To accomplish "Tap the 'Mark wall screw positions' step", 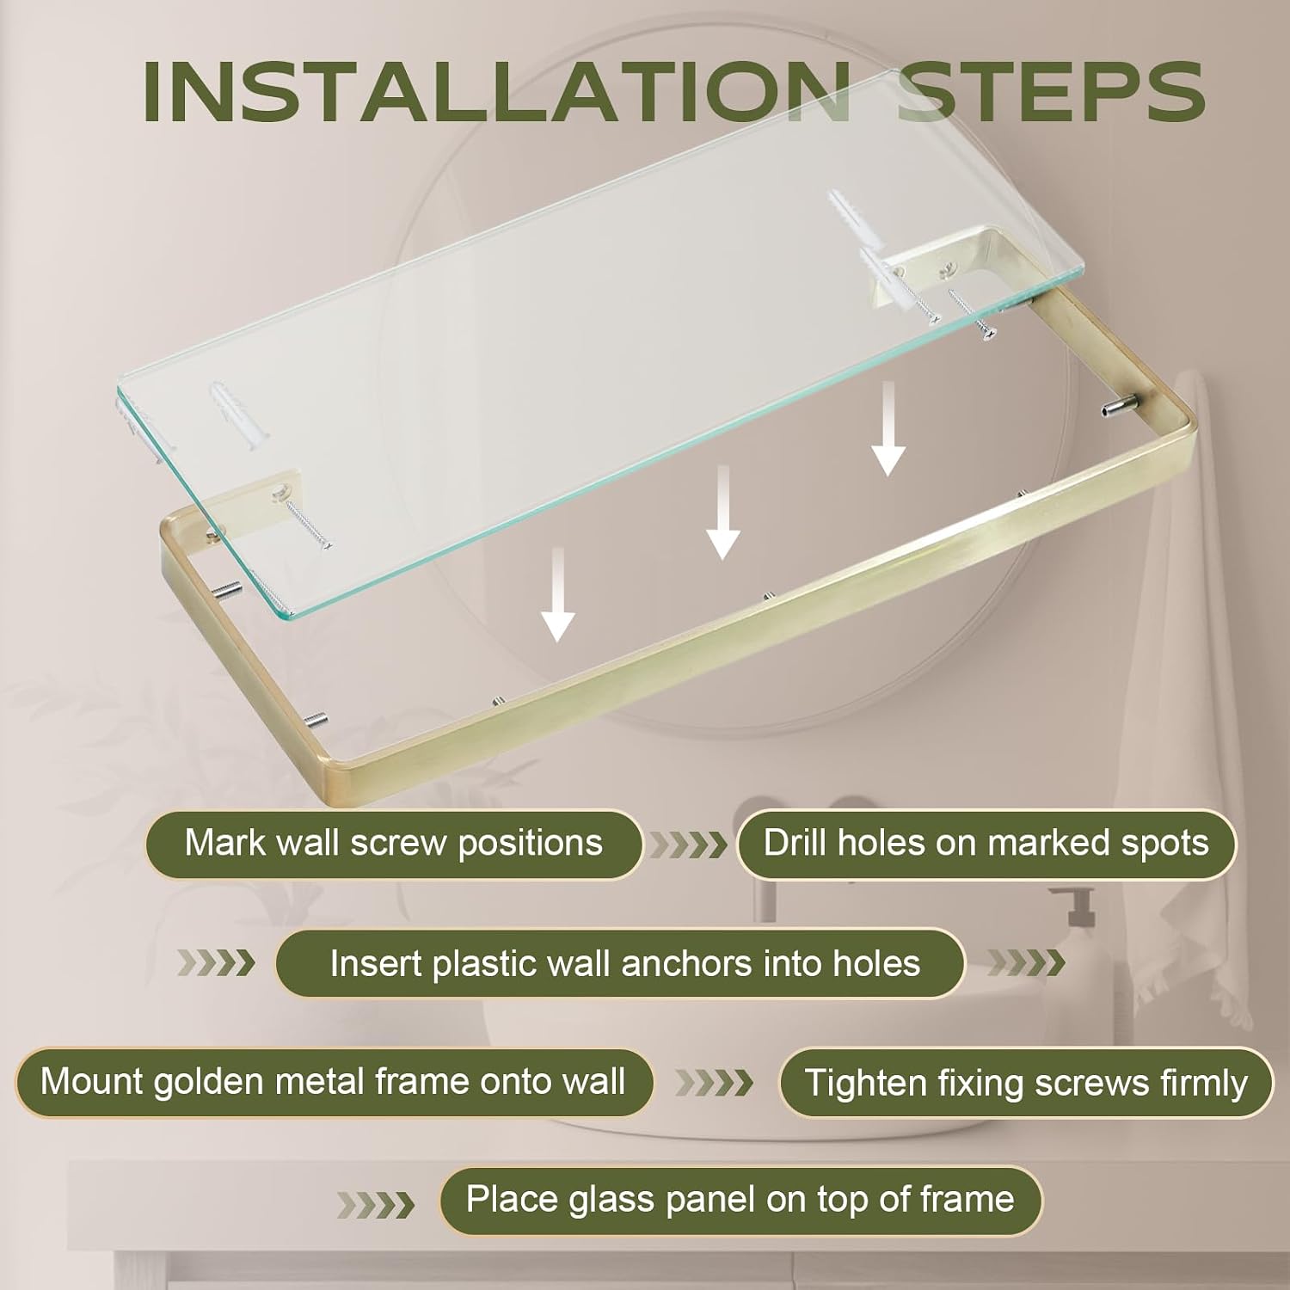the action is click(394, 844).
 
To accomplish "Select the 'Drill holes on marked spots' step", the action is click(986, 844).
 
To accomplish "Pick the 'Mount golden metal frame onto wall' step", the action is click(334, 1082).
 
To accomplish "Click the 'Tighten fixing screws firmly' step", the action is click(1026, 1082).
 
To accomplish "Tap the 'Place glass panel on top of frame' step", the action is click(740, 1200).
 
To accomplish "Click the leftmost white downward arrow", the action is click(558, 594).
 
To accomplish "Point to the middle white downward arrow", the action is click(723, 513).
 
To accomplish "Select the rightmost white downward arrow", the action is click(888, 429).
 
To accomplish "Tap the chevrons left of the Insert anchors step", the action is click(217, 963).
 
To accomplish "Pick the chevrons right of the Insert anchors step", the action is click(1026, 963).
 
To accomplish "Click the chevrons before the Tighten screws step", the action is click(714, 1083).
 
